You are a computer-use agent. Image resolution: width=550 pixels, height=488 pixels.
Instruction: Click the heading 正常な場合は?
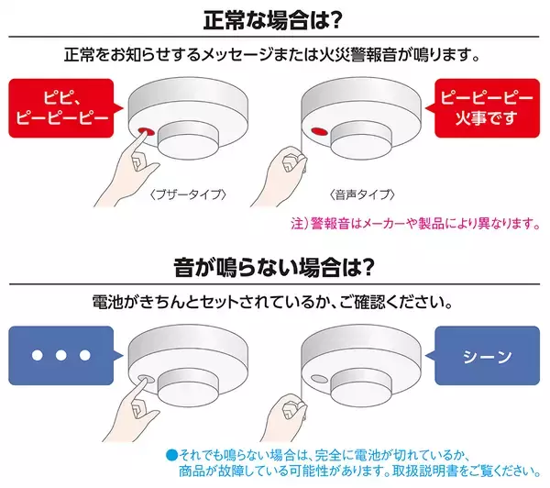[272, 20]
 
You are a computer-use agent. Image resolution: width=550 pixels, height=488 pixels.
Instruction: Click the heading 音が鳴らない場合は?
[274, 268]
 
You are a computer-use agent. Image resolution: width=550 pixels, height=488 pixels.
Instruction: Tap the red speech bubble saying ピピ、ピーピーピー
[62, 108]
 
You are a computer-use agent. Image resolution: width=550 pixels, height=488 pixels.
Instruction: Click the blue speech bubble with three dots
[62, 356]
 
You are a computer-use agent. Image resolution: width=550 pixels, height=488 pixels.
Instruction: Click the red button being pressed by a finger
[146, 131]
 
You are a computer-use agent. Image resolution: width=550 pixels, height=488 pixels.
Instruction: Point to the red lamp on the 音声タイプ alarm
[319, 132]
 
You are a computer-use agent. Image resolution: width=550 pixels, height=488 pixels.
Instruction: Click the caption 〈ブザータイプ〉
[188, 194]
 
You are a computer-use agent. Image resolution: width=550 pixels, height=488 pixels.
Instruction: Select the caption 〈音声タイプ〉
[362, 194]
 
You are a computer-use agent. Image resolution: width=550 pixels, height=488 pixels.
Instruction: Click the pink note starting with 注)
[415, 223]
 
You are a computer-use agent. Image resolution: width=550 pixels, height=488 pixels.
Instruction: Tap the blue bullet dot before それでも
[172, 455]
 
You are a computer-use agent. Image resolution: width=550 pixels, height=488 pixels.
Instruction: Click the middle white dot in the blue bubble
[61, 355]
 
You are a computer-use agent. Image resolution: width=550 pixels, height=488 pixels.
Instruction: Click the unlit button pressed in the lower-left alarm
[146, 379]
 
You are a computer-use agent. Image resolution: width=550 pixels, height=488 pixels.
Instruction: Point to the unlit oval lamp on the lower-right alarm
[319, 379]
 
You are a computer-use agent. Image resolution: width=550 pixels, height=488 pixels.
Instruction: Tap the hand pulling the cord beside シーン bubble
[285, 417]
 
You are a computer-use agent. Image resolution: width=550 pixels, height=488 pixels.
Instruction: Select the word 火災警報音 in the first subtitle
[358, 55]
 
